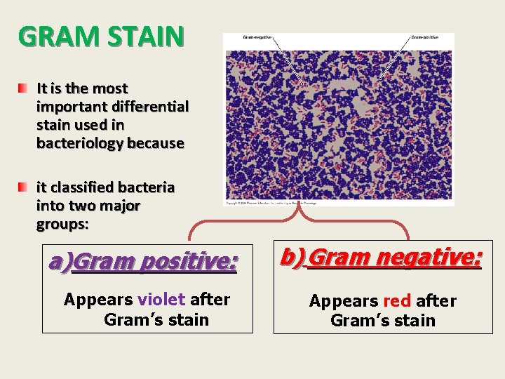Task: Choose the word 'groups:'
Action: coord(62,225)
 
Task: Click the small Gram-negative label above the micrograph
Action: coord(257,37)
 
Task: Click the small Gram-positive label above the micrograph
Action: coord(425,37)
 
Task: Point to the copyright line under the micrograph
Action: coord(271,203)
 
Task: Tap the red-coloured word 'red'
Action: coord(397,301)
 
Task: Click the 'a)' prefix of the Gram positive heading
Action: coord(60,262)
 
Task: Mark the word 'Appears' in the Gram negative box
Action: coord(344,301)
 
